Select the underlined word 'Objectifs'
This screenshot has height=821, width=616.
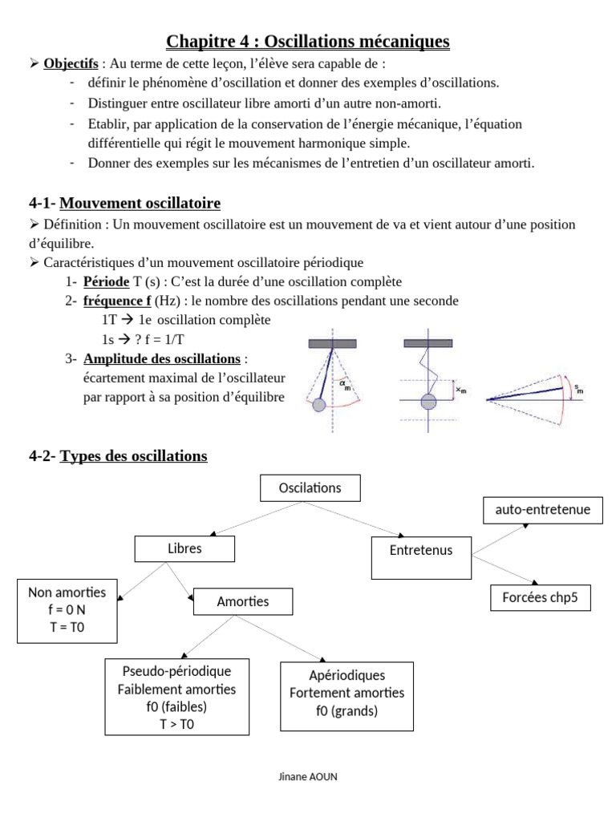pos(71,63)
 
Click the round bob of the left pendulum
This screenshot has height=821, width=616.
pos(319,406)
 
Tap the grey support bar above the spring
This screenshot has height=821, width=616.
pos(428,343)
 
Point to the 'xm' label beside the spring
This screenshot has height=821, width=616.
pos(460,390)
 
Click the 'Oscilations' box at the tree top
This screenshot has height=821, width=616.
pos(310,487)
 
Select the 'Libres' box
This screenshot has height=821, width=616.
pos(184,549)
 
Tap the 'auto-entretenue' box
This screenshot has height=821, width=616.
pos(542,510)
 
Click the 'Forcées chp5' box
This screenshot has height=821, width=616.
pos(540,597)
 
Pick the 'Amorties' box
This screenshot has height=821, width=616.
pos(243,601)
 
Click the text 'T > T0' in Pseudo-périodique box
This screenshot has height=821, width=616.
pos(176,724)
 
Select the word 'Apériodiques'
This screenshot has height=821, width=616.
pos(346,675)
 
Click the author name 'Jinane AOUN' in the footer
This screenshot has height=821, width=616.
pos(308,778)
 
